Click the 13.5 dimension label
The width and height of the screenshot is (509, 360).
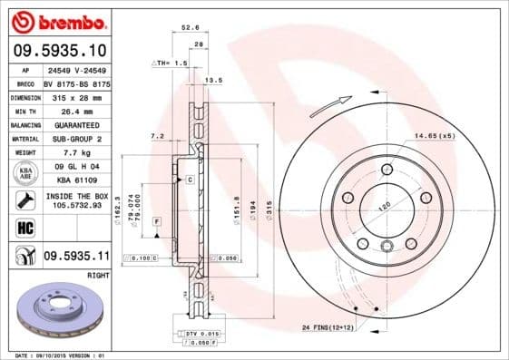pos(214,80)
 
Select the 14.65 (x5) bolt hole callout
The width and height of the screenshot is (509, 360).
pos(434,135)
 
